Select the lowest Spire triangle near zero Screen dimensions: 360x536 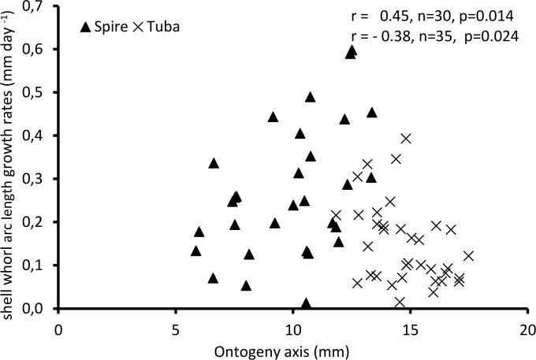point(306,303)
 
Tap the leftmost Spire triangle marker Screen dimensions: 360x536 point(195,251)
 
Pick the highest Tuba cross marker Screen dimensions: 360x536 point(406,139)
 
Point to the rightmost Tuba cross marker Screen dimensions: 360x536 point(468,256)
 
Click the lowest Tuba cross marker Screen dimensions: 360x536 point(400,302)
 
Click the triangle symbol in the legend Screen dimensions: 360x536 point(86,28)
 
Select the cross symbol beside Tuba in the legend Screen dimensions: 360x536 point(138,28)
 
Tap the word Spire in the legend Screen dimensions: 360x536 point(111,28)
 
